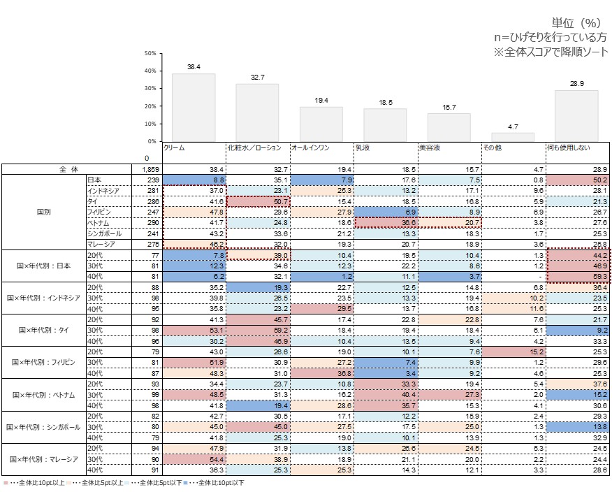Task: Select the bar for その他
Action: pyautogui.click(x=513, y=137)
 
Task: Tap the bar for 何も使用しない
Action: pyautogui.click(x=576, y=115)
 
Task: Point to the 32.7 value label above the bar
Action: pyautogui.click(x=257, y=78)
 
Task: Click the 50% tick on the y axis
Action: pyautogui.click(x=150, y=53)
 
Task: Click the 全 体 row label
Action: pyautogui.click(x=66, y=169)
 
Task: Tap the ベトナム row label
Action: pyautogui.click(x=102, y=222)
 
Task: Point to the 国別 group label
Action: pyautogui.click(x=43, y=211)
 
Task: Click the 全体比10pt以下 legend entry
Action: pyautogui.click(x=221, y=482)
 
